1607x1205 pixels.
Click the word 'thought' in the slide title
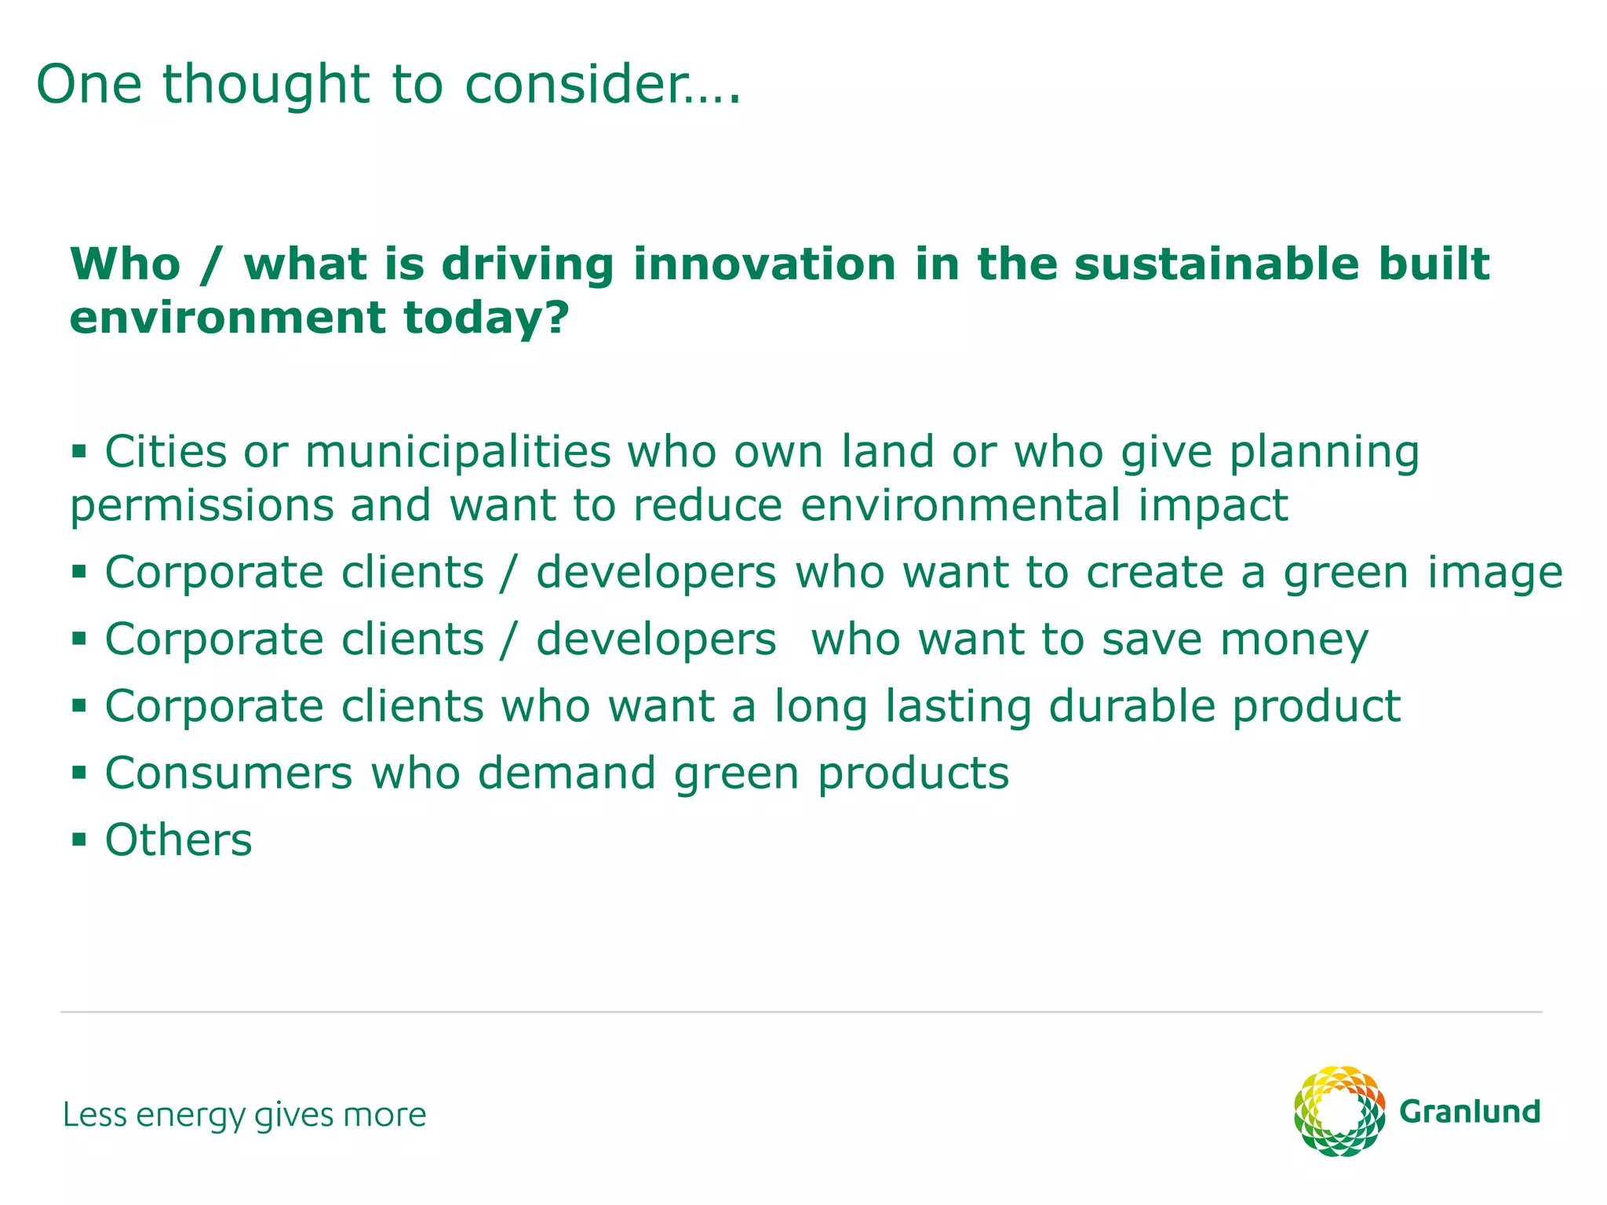coord(266,84)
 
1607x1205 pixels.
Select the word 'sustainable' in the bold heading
coord(1216,264)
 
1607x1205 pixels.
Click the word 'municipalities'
coord(457,453)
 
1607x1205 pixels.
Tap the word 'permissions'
coord(202,506)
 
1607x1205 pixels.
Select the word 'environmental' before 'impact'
coord(960,504)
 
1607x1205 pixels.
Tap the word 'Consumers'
coord(229,774)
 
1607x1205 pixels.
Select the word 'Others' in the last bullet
coord(179,840)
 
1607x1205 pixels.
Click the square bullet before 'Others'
coord(78,840)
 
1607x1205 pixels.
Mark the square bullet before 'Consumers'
coord(78,774)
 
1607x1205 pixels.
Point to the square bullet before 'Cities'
coord(78,452)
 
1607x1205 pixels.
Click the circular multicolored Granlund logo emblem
coord(1339,1111)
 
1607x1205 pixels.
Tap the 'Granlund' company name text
coord(1470,1112)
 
